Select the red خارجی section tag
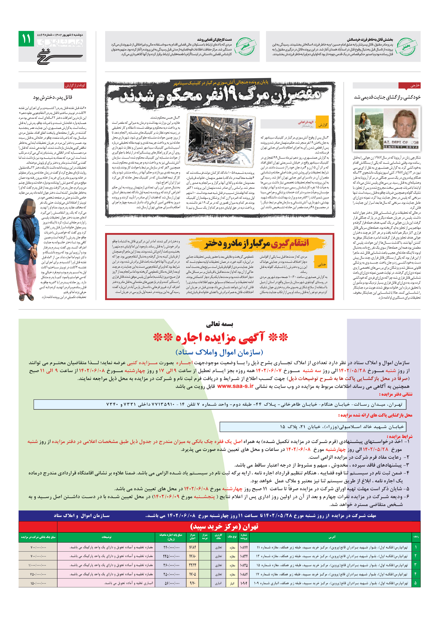coord(409,85)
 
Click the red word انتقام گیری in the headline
coord(290,243)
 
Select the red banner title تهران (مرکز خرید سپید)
coord(224,526)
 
